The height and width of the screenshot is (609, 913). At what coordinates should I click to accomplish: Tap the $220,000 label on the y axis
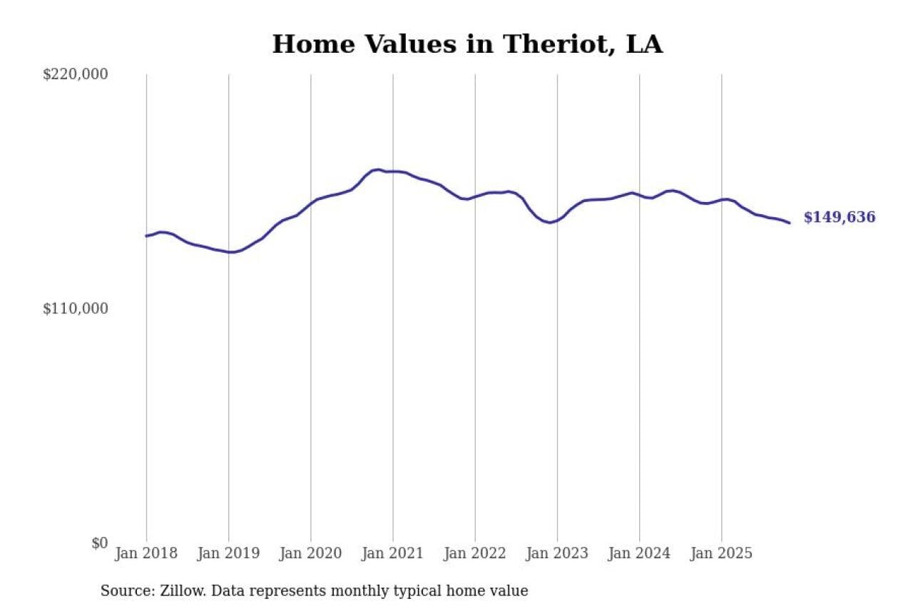pos(75,74)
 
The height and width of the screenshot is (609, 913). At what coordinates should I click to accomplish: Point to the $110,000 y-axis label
pos(75,308)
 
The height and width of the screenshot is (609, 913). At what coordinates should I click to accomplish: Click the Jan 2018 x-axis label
pos(146,553)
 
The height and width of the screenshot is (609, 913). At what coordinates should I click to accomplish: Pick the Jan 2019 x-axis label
pos(228,553)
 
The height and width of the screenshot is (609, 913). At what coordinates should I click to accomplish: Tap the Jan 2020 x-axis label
pos(311,553)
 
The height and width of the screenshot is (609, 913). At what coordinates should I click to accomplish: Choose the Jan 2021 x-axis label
pos(393,553)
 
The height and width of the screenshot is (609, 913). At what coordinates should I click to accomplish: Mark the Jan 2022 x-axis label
pos(475,553)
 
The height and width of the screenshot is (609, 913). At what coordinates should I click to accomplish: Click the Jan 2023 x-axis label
pos(557,553)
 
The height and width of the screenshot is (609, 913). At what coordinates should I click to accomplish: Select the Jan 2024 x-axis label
pos(639,553)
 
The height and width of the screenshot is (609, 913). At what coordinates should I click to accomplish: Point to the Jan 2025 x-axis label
pos(722,553)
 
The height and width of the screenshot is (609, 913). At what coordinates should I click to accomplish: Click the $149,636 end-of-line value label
pos(840,218)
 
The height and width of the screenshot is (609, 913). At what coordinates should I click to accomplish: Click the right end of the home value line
pos(790,223)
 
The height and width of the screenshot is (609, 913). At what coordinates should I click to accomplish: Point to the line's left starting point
pos(146,236)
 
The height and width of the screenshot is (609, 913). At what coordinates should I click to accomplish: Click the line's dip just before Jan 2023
pos(549,223)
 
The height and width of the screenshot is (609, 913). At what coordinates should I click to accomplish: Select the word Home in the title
pos(315,44)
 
